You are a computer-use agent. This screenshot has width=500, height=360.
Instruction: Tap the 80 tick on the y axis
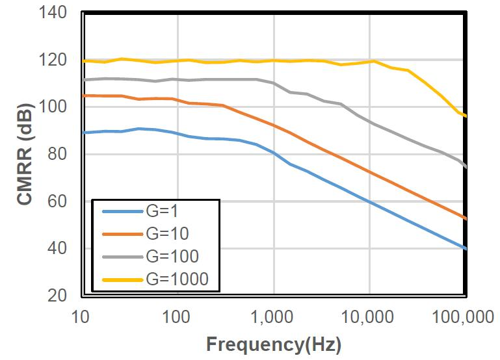tap(56, 154)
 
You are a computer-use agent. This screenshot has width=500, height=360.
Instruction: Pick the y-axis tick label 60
tap(56, 201)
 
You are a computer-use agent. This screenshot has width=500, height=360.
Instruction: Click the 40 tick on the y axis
tap(56, 248)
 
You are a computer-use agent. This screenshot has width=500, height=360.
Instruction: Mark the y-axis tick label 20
tap(56, 295)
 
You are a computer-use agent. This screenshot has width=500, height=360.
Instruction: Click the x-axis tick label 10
tap(81, 317)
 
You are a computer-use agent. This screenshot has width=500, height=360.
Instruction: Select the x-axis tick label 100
tap(176, 317)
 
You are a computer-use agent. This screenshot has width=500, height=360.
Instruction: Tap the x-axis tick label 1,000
tap(272, 317)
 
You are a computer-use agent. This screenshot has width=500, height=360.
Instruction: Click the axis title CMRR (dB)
tap(25, 153)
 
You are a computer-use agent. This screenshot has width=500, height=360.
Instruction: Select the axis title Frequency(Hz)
tap(273, 342)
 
